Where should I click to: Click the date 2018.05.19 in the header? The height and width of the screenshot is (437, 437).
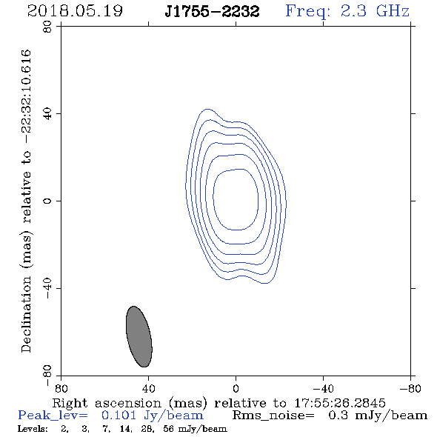point(75,11)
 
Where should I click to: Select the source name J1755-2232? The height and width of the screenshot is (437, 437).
point(212,12)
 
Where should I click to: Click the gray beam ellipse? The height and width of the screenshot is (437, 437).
point(139,336)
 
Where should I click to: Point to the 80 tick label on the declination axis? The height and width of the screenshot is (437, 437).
point(47,27)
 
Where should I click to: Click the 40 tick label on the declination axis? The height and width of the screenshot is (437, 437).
point(47,114)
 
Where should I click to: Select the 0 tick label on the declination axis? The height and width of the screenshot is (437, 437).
point(47,201)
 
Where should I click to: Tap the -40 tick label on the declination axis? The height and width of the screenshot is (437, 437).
point(47,288)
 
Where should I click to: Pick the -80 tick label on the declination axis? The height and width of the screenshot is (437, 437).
point(47,376)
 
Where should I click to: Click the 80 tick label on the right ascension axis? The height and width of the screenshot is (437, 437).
point(61,388)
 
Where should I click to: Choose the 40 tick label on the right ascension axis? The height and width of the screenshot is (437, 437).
point(148,388)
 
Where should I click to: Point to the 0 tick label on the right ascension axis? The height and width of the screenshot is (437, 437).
point(236,388)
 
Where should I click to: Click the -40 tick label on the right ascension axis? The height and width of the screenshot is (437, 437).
point(323,388)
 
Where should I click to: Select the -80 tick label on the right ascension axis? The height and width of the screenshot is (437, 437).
point(410,388)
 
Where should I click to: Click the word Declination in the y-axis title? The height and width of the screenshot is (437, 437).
point(26,314)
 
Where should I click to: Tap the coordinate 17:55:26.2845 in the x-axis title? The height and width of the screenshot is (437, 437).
point(340,403)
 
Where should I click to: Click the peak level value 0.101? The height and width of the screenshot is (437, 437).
point(119,416)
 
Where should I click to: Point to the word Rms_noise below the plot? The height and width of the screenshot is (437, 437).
point(273,416)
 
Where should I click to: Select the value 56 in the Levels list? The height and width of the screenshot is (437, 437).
point(168,428)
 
